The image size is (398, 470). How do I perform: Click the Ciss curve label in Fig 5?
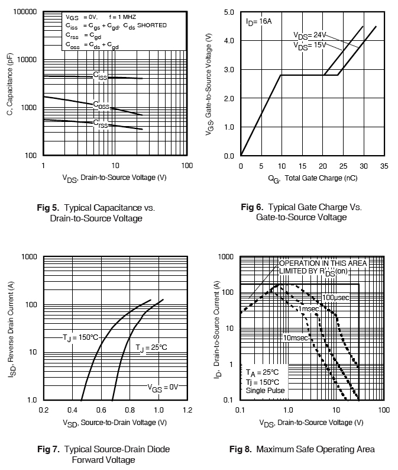pos(100,76)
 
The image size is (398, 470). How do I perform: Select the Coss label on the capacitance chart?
pos(101,105)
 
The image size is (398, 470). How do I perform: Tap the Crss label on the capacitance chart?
pos(100,123)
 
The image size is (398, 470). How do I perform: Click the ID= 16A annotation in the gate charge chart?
pos(258,21)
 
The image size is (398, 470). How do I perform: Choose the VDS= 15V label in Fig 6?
pos(310,44)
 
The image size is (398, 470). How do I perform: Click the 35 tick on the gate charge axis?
pos(384,166)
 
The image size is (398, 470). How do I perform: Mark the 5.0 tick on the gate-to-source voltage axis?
pos(229,12)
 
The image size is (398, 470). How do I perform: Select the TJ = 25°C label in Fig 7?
pos(151,347)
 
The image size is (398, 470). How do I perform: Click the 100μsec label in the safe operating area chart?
pos(336,297)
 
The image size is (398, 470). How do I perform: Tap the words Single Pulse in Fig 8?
pos(266,390)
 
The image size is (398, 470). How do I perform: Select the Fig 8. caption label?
pos(241,449)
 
